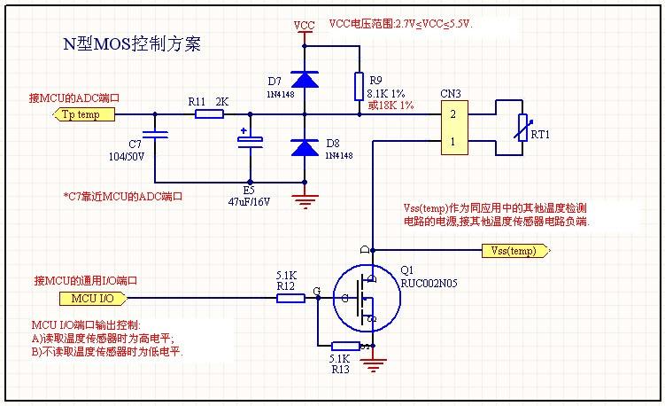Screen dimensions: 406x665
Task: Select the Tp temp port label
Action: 86,114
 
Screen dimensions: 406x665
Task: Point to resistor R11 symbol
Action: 209,114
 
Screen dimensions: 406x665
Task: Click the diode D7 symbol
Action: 305,81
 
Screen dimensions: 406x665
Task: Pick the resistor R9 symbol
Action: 358,86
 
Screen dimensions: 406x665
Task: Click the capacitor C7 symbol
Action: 155,135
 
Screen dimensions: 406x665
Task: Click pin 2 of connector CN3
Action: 452,114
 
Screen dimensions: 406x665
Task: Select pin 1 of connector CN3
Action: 452,141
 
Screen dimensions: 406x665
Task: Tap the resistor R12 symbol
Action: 291,298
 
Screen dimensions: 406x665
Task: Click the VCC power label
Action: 305,26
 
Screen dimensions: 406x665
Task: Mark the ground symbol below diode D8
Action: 305,198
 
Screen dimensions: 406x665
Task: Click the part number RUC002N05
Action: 429,285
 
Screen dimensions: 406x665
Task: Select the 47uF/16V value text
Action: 249,201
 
